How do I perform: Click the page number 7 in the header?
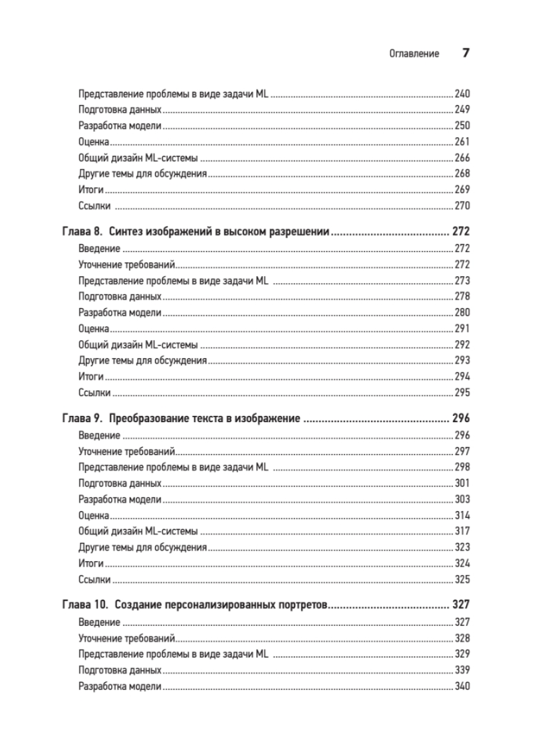pos(466,54)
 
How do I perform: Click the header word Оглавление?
pos(414,54)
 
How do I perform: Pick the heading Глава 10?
pos(85,606)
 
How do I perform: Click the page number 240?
pos(462,93)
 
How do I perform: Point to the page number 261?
pos(462,141)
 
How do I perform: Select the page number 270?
pos(462,205)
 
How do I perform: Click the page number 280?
pos(462,313)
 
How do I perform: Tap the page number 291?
pos(462,329)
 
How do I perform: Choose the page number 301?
pos(462,483)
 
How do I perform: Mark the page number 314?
pos(462,515)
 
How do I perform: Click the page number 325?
pos(462,579)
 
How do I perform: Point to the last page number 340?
pos(462,686)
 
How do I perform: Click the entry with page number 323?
pos(142,547)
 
